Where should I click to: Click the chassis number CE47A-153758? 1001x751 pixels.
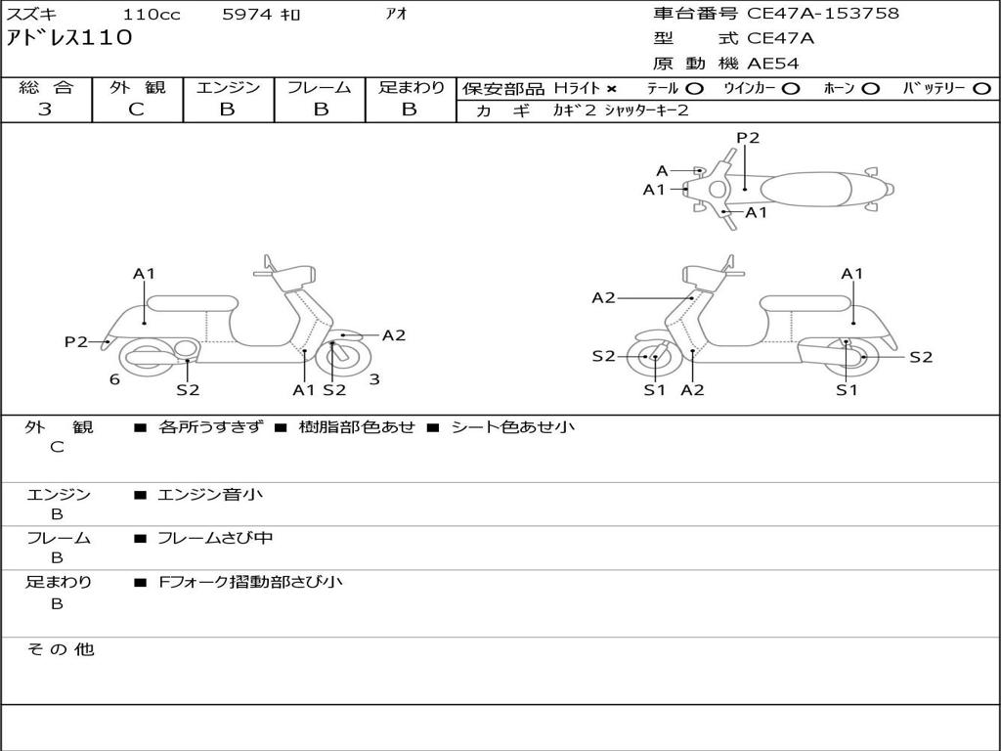[x=823, y=14]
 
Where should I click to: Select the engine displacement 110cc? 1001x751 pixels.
[x=152, y=15]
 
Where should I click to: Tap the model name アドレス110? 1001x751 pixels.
[x=68, y=38]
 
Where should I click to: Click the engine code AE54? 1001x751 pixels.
[x=773, y=64]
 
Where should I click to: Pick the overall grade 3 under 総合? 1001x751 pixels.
[x=45, y=110]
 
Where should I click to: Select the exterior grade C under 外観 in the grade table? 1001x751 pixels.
[x=136, y=110]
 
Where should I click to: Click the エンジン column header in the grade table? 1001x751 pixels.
[x=228, y=87]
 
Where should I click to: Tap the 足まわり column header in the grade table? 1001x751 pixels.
[x=411, y=87]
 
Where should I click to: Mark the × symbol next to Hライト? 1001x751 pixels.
[x=611, y=88]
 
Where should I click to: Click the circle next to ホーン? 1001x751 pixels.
[x=871, y=88]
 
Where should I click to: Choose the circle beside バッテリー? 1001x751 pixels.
[x=982, y=88]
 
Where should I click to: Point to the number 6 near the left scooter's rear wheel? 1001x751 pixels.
[x=114, y=379]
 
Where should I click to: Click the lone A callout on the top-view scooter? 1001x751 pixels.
[x=662, y=171]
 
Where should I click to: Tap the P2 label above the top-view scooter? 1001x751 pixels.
[x=748, y=138]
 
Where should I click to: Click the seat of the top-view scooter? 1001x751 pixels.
[x=807, y=189]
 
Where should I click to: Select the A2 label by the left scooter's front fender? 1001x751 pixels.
[x=394, y=335]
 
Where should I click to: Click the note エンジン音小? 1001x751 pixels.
[x=210, y=495]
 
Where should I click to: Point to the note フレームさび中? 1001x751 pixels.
[x=215, y=538]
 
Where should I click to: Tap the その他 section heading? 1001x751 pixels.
[x=60, y=649]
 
